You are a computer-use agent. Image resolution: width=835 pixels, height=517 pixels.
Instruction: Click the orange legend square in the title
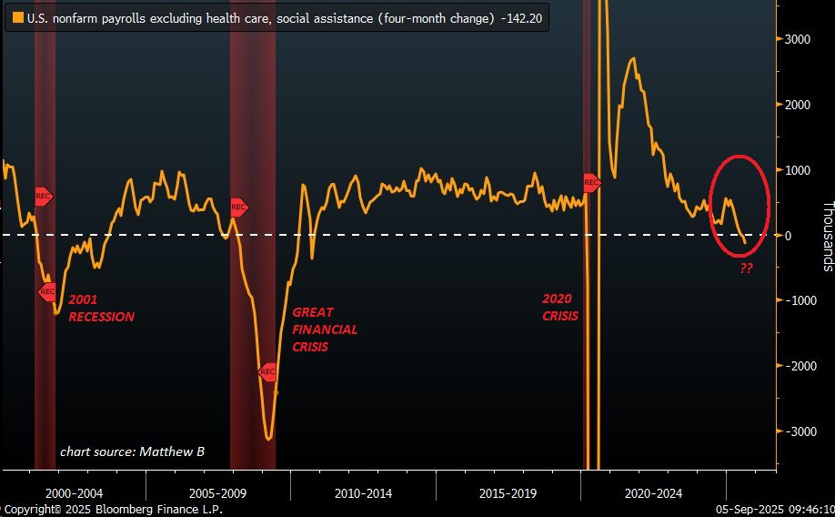[17, 17]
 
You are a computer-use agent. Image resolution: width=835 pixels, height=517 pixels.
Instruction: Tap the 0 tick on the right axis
[789, 235]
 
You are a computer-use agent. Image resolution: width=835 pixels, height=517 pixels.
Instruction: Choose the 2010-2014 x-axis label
[364, 493]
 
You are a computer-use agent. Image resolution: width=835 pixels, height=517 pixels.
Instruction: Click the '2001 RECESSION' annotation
[101, 308]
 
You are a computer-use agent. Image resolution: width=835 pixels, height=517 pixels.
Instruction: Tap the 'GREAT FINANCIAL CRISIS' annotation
[324, 329]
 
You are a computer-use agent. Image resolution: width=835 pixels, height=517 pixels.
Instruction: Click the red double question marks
[746, 269]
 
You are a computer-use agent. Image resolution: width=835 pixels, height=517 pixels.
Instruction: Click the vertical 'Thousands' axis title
[827, 236]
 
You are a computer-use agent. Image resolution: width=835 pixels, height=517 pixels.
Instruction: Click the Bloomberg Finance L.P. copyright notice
[112, 511]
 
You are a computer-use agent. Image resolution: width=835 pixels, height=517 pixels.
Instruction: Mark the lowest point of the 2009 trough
[268, 440]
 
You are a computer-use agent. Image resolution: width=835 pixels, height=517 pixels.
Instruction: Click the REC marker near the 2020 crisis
[591, 183]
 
